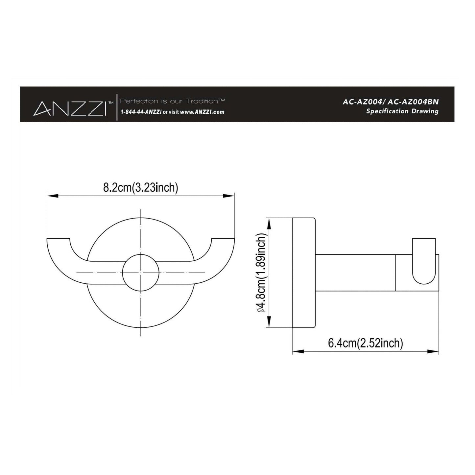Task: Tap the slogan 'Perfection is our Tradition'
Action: pos(173,101)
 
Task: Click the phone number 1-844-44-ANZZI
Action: pos(141,112)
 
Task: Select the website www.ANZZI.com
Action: pos(202,112)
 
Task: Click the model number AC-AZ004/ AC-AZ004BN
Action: pos(391,102)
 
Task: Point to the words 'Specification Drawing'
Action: pos(402,111)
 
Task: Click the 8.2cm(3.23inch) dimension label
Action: pos(141,187)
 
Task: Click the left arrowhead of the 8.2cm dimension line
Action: pos(53,196)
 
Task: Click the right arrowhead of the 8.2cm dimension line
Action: pos(229,196)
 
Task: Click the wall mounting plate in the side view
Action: pos(304,273)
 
